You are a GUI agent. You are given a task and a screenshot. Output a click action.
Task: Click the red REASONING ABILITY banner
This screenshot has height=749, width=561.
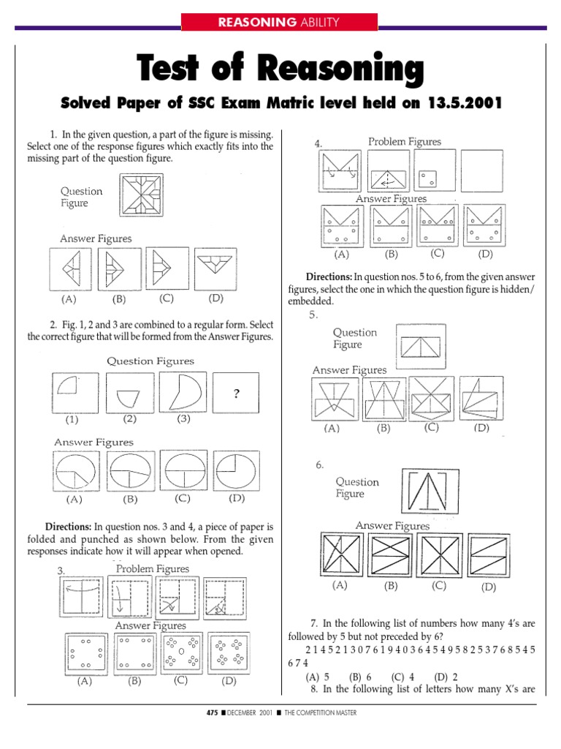click(280, 22)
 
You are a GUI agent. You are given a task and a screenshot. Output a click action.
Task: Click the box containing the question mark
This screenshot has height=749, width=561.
click(236, 393)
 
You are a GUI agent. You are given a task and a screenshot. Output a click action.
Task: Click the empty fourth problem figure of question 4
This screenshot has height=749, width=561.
click(482, 171)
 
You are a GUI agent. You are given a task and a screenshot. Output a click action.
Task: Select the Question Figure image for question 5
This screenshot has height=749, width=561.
click(420, 345)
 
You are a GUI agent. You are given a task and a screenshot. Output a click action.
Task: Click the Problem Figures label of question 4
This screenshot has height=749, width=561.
click(404, 142)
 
